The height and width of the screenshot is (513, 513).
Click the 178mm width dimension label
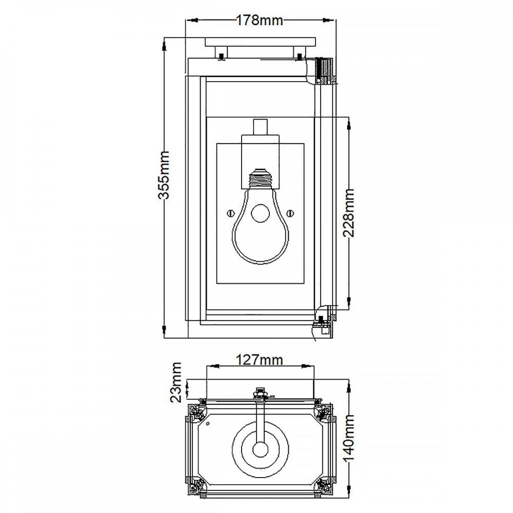coord(260,21)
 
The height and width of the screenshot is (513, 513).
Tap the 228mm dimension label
coord(349,213)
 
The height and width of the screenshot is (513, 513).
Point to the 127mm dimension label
coord(260,360)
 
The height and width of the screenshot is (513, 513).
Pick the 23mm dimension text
coord(175,382)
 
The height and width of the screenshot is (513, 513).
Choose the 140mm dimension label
coord(349,438)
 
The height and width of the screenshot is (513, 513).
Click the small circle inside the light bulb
coord(261,213)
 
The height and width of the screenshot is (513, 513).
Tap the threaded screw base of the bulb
coord(261,179)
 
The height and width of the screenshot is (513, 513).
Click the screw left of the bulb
coord(231,213)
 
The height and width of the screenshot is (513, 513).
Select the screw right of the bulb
coord(290,213)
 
